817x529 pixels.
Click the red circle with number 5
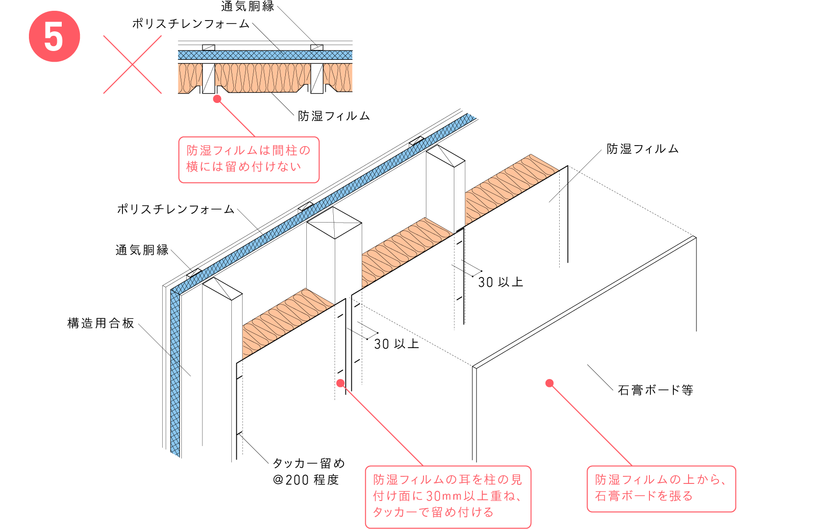tap(54, 37)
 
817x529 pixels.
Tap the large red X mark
tap(132, 64)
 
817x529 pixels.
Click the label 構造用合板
tap(100, 323)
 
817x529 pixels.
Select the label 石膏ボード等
tap(655, 390)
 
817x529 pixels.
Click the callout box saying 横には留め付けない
tap(248, 159)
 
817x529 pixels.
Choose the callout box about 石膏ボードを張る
tap(661, 488)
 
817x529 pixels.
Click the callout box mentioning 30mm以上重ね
tap(448, 496)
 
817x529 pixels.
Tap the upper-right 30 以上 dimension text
tap(500, 282)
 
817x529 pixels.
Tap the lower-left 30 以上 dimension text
tap(396, 344)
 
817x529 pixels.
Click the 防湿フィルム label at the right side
tap(643, 149)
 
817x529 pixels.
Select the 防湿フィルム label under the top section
tap(334, 116)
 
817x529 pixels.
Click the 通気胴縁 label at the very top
tap(248, 6)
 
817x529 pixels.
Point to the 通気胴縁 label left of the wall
tap(142, 250)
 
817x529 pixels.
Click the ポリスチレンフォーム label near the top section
tap(191, 24)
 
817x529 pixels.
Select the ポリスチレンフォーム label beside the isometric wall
tap(175, 209)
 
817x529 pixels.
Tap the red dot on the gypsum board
tap(549, 383)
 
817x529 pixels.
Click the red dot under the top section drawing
tap(217, 99)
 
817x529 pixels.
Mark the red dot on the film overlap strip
tap(341, 383)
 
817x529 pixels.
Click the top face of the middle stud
tap(334, 223)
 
